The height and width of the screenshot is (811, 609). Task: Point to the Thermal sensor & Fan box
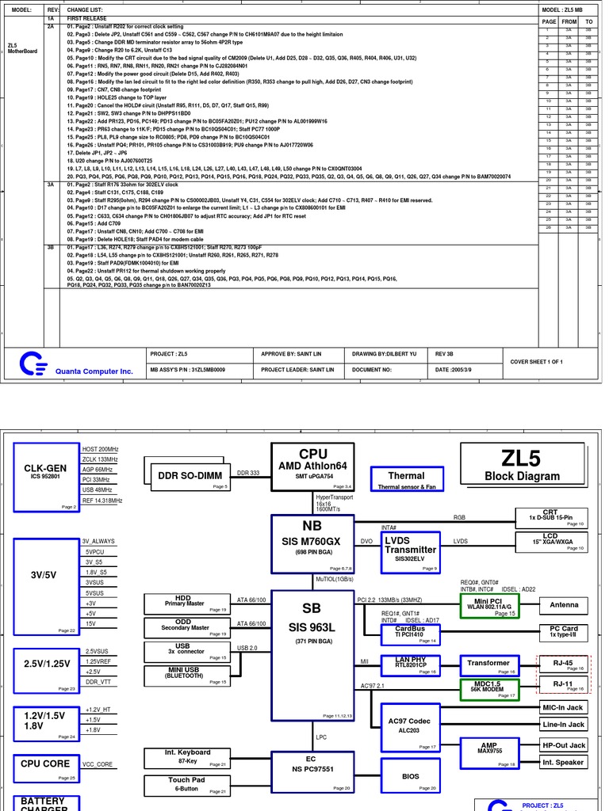(x=406, y=480)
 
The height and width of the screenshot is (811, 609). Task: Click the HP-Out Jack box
(x=563, y=745)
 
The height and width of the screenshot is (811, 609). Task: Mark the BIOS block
(x=410, y=777)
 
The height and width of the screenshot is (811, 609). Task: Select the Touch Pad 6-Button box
(x=187, y=785)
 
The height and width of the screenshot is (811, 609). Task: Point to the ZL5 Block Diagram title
(x=521, y=464)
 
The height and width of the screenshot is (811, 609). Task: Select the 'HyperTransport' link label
(x=335, y=497)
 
